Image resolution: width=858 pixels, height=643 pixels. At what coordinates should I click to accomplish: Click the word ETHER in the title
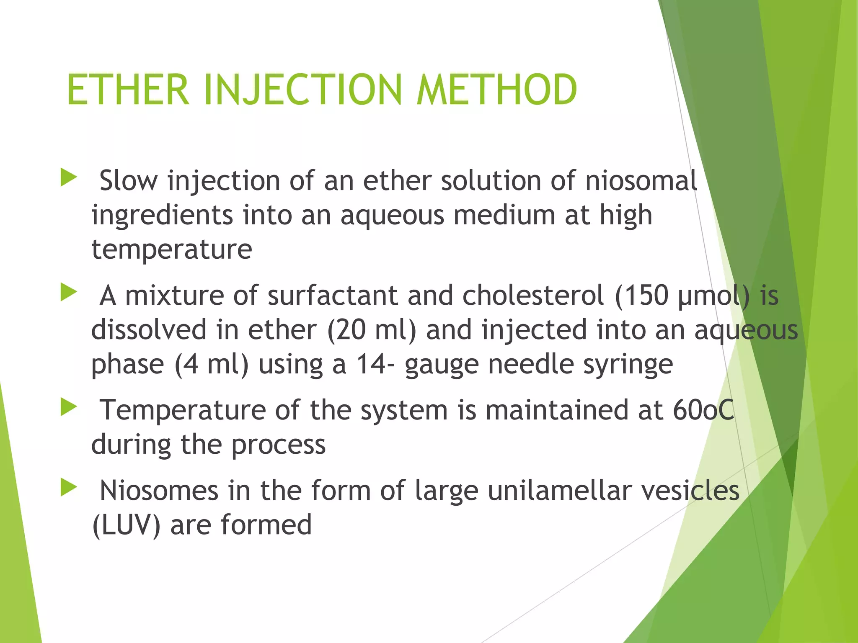[x=128, y=90]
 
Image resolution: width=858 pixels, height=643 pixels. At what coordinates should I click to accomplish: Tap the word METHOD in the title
[x=497, y=90]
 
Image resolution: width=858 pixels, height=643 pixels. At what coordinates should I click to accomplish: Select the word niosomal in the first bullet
[x=641, y=181]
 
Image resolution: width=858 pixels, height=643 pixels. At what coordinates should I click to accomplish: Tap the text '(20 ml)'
[x=371, y=330]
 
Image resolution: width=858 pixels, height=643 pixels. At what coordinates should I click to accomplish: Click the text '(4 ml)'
[x=212, y=364]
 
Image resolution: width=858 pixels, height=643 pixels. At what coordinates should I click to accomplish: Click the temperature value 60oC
[x=703, y=410]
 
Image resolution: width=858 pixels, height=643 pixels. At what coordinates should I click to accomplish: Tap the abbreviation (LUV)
[x=126, y=525]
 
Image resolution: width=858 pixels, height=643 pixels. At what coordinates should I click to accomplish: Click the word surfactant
[x=332, y=296]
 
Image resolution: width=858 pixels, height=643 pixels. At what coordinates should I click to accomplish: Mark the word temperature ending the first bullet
[x=172, y=249]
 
